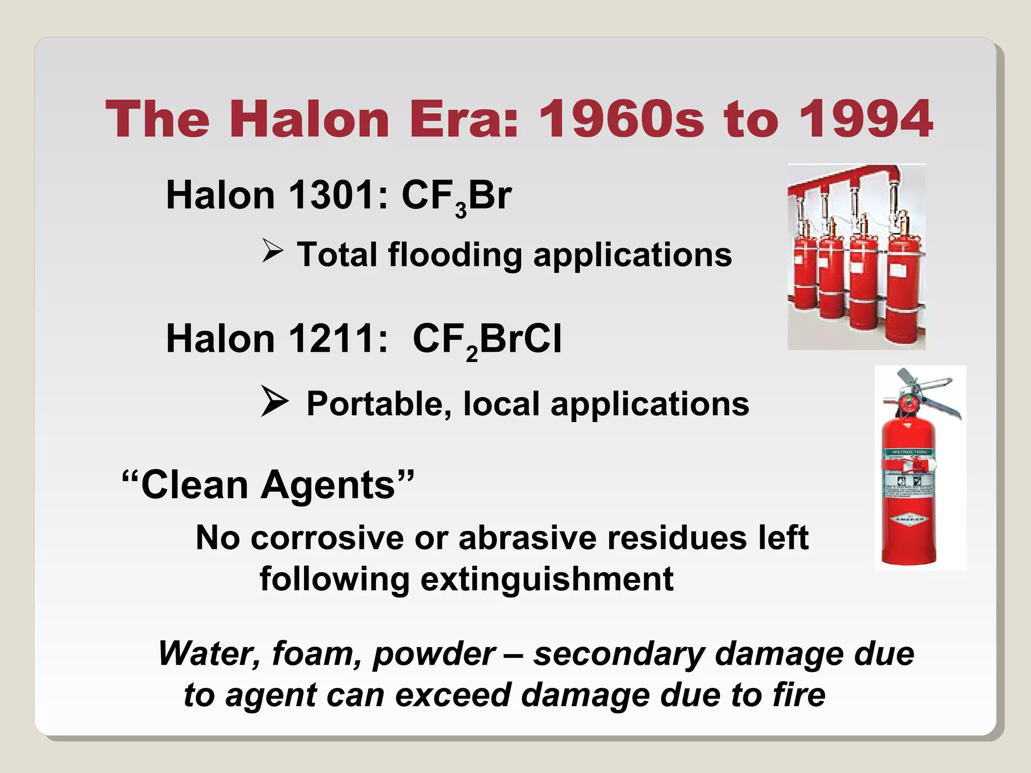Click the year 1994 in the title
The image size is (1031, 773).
865,119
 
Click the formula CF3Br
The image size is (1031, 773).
456,196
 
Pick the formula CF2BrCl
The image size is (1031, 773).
486,340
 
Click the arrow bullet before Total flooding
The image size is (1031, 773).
273,251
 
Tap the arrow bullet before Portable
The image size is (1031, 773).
274,401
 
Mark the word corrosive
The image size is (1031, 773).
327,538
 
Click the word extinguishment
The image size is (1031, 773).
547,579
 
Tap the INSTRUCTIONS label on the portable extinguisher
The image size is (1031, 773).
909,452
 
